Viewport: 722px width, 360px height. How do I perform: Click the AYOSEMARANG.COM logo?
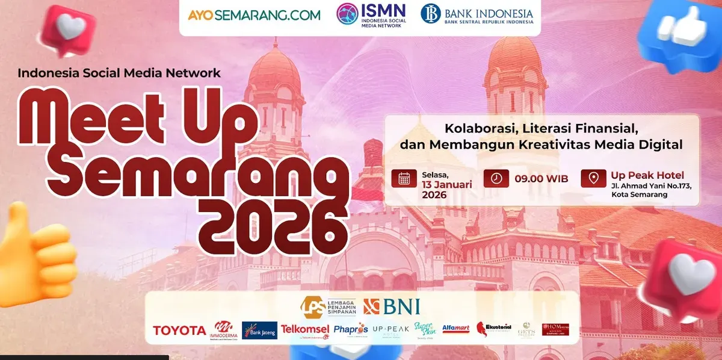[254, 15]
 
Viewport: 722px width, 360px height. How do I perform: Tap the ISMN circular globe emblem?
[347, 14]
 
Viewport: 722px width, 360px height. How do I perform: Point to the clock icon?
[496, 179]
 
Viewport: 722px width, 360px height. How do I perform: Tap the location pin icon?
[593, 179]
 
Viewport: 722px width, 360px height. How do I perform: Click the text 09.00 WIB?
[541, 179]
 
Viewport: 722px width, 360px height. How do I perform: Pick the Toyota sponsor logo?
[179, 331]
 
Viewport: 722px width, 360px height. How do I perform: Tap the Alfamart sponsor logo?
[455, 329]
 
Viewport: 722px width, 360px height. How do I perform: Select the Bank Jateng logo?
[259, 330]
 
